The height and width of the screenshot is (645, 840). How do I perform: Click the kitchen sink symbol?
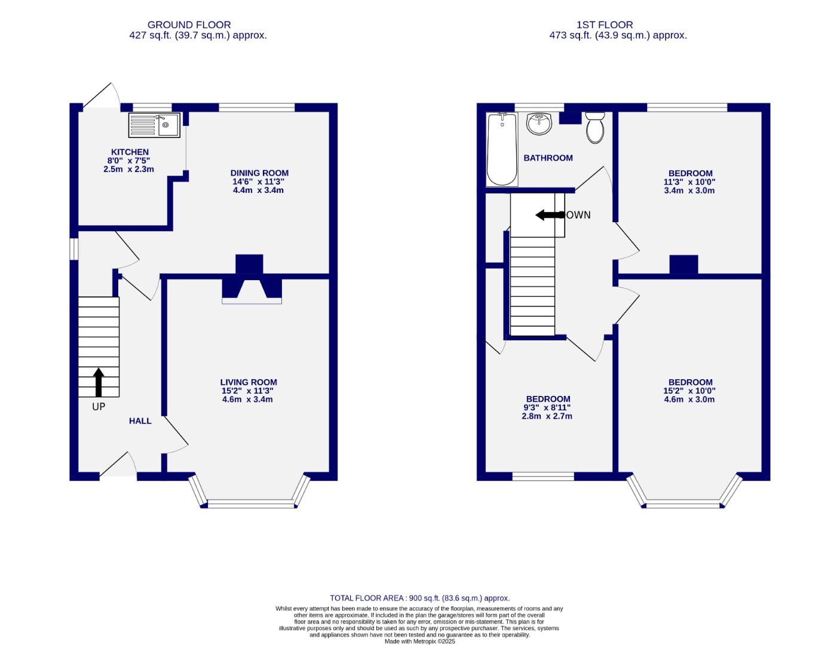click(x=154, y=125)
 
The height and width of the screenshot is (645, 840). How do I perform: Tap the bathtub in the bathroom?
click(x=502, y=149)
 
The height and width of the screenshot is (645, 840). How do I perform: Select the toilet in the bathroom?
click(x=595, y=127)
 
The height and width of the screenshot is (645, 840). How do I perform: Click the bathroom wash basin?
click(x=539, y=124)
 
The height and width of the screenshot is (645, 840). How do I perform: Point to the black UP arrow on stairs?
click(x=99, y=382)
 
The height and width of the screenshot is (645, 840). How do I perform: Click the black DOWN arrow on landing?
click(x=548, y=215)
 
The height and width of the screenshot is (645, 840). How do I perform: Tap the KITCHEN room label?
click(x=130, y=152)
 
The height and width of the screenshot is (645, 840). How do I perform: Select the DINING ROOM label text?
click(x=259, y=173)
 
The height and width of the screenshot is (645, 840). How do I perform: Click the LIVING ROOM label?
click(x=249, y=382)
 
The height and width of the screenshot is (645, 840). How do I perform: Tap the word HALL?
click(x=140, y=421)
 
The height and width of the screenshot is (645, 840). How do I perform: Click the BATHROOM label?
click(x=548, y=158)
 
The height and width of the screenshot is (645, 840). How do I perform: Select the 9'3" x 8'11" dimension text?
click(x=547, y=407)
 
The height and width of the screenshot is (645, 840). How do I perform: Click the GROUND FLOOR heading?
click(x=189, y=24)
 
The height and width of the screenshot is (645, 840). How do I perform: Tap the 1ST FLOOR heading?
click(x=605, y=24)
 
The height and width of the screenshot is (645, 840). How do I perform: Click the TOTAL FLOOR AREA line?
click(x=419, y=598)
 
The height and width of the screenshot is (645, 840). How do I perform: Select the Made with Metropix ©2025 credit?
click(x=419, y=641)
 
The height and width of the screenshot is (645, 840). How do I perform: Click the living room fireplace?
click(x=252, y=289)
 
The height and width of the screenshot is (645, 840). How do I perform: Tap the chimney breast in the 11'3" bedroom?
click(x=683, y=264)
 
